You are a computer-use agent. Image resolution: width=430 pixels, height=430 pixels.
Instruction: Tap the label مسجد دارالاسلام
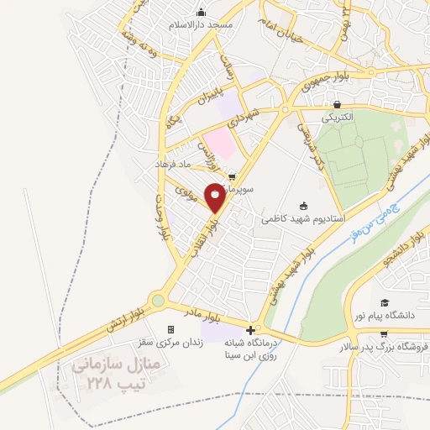[x=201, y=26]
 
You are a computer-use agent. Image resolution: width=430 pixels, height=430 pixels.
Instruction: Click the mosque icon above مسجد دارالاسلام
[x=201, y=13]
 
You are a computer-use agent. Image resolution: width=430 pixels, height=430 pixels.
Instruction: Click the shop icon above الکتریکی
[x=337, y=105]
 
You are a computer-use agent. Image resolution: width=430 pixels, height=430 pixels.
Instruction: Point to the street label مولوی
[x=186, y=191]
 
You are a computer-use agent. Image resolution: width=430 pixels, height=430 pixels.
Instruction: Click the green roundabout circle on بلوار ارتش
[x=158, y=300]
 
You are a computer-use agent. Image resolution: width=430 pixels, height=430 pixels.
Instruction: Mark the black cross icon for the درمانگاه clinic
[x=251, y=328]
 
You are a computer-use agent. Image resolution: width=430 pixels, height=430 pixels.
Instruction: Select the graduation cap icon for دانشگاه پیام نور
[x=385, y=303]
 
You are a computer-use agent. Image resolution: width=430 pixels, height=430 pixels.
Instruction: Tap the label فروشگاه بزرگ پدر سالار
[x=388, y=346]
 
